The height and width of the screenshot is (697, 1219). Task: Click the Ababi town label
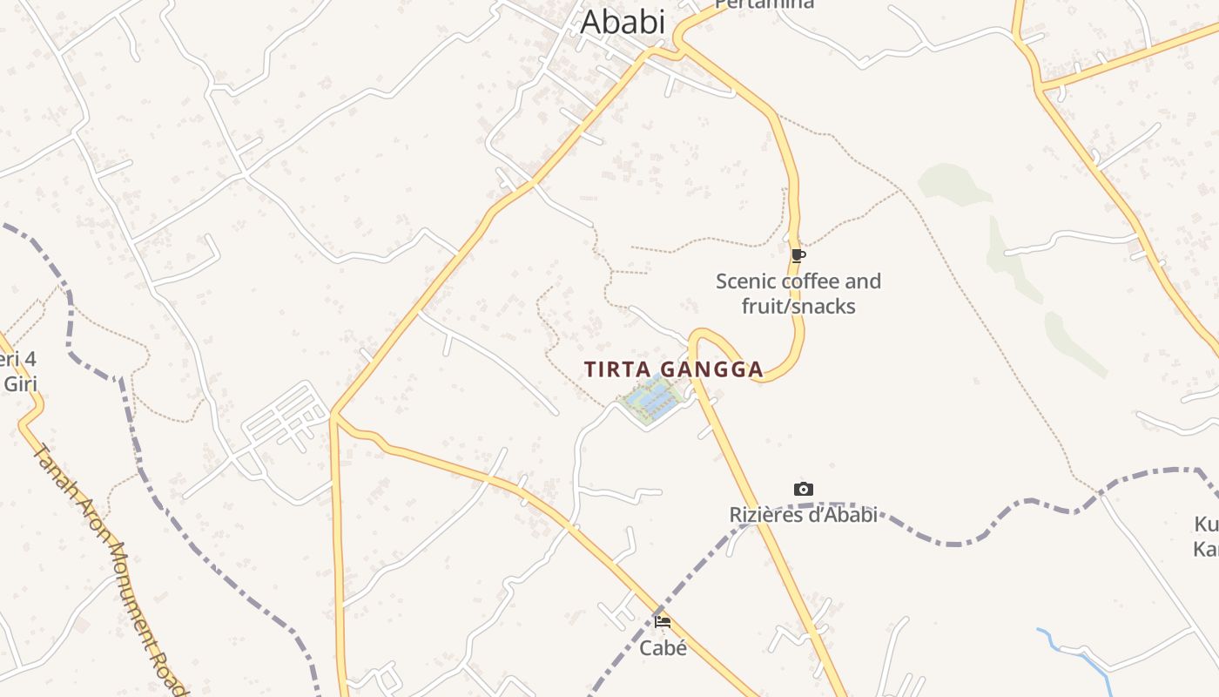click(623, 22)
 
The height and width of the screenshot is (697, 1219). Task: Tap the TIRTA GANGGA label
click(674, 369)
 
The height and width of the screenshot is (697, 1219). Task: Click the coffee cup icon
click(798, 255)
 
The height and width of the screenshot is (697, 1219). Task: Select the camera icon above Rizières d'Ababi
click(804, 490)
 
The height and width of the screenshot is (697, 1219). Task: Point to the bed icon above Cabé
click(663, 622)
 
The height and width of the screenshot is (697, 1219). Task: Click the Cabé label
click(663, 648)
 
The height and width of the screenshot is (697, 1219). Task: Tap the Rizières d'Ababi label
click(803, 515)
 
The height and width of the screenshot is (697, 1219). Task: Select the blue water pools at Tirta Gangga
click(651, 400)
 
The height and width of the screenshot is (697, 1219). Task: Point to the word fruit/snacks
click(798, 307)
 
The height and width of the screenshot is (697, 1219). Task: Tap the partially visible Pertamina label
click(764, 4)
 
